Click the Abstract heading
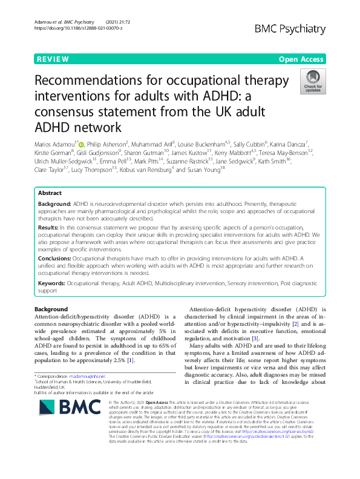pos(50,193)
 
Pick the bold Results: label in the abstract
pos(52,225)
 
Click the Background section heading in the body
pos(51,309)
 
